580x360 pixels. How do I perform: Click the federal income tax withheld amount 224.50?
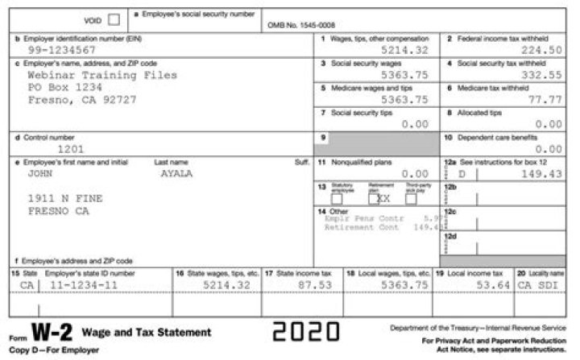pos(540,50)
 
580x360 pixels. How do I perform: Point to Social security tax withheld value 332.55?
pos(540,75)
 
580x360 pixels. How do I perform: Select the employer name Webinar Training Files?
pos(101,75)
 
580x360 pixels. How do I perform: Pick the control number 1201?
pos(70,149)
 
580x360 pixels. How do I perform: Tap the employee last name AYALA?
pos(176,173)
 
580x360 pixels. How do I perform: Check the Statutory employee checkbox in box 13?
pos(336,198)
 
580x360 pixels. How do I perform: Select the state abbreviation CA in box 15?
pos(27,285)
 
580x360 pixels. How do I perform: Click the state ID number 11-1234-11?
pos(83,285)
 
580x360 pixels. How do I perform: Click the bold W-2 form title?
pos(53,333)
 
